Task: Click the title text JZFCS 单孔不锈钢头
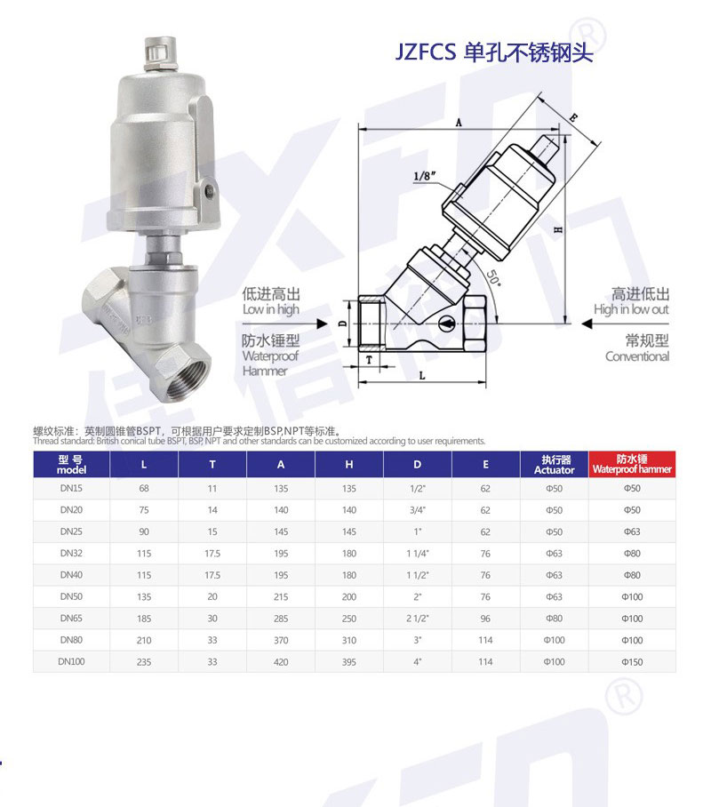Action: (x=494, y=52)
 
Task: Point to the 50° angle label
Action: (x=492, y=278)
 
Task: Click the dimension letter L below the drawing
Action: (x=422, y=375)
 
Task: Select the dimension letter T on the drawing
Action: (x=369, y=360)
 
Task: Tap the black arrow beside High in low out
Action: (x=587, y=324)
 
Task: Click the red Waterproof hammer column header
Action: (x=632, y=464)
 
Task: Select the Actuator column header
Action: (x=554, y=464)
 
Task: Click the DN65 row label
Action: (x=71, y=618)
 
